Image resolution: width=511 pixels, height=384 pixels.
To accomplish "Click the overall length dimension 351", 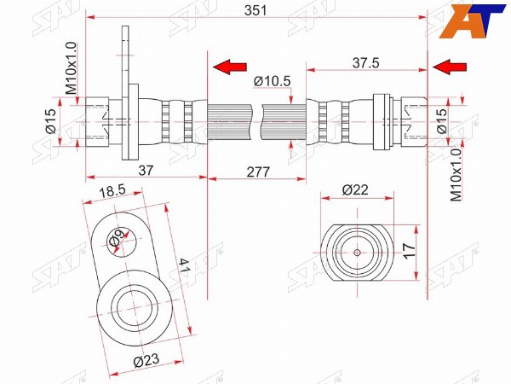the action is pos(255,11).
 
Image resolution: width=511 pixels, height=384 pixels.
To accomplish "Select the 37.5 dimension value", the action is pos(366,63).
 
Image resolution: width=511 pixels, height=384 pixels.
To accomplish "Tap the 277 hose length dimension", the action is pos(258,172).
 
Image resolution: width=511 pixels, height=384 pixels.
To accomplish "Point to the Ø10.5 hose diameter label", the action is pos(273,81).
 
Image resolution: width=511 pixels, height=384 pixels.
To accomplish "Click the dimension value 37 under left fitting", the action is pos(146,170).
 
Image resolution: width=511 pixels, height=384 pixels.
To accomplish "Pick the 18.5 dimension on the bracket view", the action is pos(112,191).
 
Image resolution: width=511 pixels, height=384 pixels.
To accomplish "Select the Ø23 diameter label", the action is pos(146,360).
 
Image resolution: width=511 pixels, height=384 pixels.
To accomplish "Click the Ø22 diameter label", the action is pos(355,189).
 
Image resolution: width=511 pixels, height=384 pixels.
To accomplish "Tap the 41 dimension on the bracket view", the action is pos(183,265).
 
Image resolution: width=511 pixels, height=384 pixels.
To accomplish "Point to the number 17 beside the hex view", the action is pos(410,251).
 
